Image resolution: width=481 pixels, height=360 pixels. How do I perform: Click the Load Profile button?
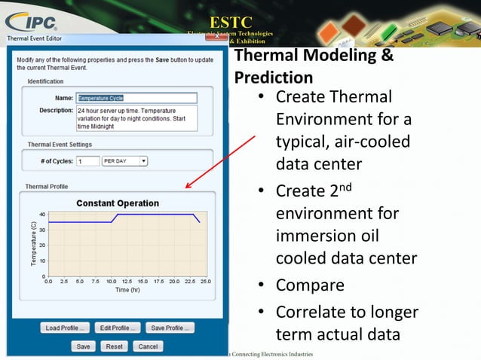point(65,328)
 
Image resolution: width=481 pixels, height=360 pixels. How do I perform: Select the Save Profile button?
point(170,328)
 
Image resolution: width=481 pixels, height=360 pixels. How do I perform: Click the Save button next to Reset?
point(83,346)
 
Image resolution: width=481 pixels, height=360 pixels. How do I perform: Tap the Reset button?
point(115,346)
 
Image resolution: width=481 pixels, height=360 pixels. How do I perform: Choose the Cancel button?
point(148,346)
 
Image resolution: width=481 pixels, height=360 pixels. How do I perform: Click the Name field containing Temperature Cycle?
point(136,98)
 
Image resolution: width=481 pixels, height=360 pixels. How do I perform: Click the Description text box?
point(136,117)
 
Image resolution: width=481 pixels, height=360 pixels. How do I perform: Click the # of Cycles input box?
point(88,160)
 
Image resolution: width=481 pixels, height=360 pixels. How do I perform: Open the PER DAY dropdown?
point(124,160)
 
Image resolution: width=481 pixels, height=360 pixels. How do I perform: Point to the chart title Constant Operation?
point(118,203)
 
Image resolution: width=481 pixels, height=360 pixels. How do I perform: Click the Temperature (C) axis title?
point(33,243)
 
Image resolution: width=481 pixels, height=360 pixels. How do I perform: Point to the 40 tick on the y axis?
point(42,215)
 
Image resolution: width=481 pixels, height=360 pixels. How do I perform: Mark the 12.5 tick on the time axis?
point(127,281)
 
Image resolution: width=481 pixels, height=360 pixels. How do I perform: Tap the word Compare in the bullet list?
point(310,285)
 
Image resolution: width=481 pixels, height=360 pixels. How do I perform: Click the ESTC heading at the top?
point(230,20)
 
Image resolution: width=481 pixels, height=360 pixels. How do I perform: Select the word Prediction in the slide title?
point(274,77)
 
